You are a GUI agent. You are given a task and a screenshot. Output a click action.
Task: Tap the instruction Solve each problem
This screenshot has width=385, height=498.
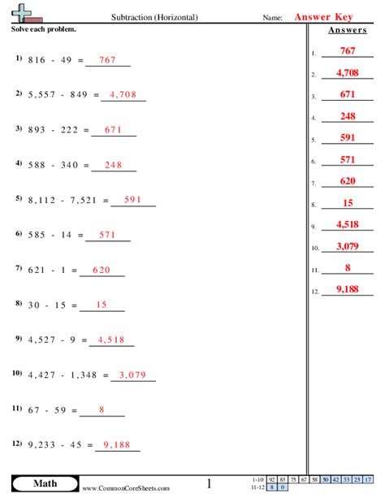tap(44, 28)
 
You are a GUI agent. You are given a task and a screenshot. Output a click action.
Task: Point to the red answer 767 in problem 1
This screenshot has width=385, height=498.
tap(106, 59)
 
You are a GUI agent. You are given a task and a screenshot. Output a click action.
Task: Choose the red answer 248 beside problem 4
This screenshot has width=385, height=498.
tap(113, 164)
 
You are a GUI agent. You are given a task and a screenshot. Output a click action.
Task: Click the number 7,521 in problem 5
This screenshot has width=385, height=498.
tap(82, 199)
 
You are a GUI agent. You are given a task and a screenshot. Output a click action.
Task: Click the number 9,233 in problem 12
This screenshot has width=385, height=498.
tap(44, 445)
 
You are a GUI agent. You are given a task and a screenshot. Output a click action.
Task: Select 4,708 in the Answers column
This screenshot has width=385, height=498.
tap(348, 72)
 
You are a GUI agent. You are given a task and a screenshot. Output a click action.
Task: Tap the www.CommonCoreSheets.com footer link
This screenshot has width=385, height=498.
tap(126, 488)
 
